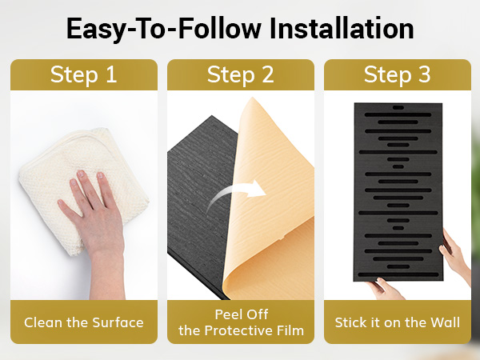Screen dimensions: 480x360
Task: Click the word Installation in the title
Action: (x=342, y=29)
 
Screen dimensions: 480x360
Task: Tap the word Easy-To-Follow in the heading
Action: (x=163, y=30)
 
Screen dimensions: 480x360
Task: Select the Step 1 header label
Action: (x=83, y=74)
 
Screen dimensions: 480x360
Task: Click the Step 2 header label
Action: (x=240, y=74)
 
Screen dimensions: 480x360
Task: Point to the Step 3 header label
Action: (x=397, y=74)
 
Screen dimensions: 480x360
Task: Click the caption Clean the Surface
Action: (x=84, y=322)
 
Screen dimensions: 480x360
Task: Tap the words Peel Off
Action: (x=242, y=314)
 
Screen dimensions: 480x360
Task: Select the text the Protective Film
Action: (x=242, y=330)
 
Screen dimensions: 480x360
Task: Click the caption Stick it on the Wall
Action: (x=398, y=322)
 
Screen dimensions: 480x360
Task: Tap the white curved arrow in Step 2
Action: (x=233, y=194)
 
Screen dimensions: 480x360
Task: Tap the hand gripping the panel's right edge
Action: (x=456, y=254)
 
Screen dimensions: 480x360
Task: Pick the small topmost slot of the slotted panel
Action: (x=398, y=108)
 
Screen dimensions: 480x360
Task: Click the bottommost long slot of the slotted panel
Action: (x=398, y=274)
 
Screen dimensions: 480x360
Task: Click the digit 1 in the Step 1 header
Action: (x=112, y=74)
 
